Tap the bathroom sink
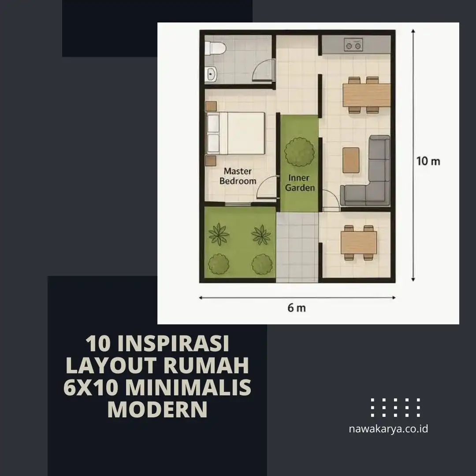point(211,74)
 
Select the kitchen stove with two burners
point(353,45)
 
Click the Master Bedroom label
point(238,176)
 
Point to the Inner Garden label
point(300,183)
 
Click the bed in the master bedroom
point(236,133)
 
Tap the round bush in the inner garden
point(300,151)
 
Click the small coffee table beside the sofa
point(351,160)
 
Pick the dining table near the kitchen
point(366,95)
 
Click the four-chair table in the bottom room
point(359,242)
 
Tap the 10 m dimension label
point(428,161)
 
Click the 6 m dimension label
point(296,308)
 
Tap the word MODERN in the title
point(157,409)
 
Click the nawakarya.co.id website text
point(388,428)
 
